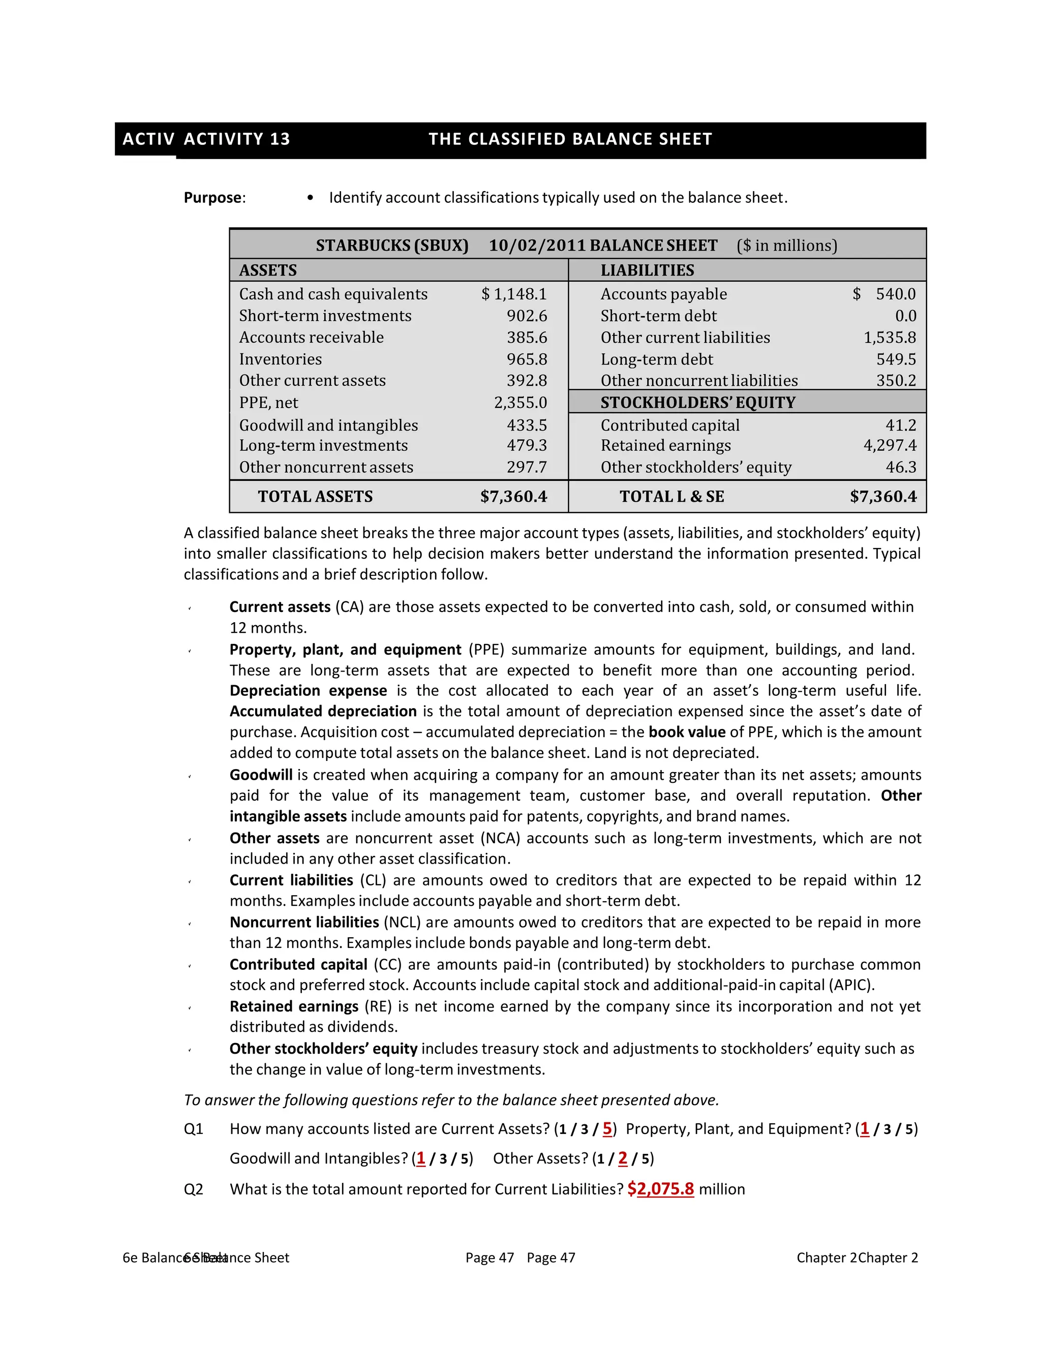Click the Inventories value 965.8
pos(527,359)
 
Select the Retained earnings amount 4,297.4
pos(890,445)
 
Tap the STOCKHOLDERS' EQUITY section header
pos(697,403)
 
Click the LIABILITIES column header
pos(647,270)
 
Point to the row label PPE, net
pos(268,403)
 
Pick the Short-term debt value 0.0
pos(905,316)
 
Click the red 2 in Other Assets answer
pos(622,1159)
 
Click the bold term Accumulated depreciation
pos(323,711)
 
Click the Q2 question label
pos(193,1190)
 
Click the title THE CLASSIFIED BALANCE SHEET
pos(570,139)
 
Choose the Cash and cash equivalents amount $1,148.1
pos(514,294)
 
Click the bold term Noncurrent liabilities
pos(304,922)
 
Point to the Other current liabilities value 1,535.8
pos(890,338)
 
